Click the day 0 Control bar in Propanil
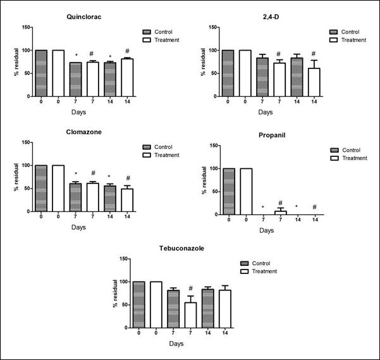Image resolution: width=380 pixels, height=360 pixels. [x=228, y=192]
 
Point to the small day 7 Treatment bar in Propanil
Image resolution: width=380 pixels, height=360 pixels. [x=280, y=213]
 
